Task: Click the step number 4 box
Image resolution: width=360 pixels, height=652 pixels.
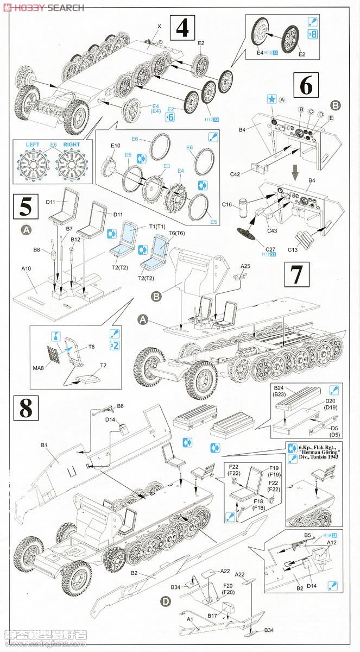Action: point(183,27)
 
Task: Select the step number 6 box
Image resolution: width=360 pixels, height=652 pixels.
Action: point(306,86)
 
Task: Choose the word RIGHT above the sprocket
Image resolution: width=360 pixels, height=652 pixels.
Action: point(72,145)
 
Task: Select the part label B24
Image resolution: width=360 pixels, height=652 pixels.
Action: point(280,389)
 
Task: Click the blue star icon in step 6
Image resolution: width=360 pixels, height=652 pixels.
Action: point(271,99)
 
